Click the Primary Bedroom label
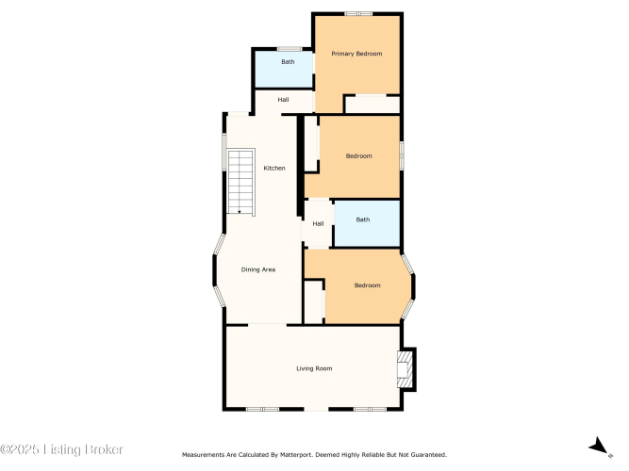(x=356, y=54)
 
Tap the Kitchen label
(x=274, y=168)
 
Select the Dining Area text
(x=258, y=269)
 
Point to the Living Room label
(x=314, y=368)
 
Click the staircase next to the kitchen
(x=240, y=182)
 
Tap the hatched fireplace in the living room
(x=405, y=369)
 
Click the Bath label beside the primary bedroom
(x=288, y=62)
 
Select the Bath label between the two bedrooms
(x=363, y=219)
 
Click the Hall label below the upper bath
(x=283, y=100)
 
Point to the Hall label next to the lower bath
(x=318, y=223)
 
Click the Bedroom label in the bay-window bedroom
(x=367, y=285)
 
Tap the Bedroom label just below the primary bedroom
(x=358, y=156)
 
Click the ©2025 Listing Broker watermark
(x=61, y=449)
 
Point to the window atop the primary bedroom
(x=358, y=14)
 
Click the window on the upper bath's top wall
(x=290, y=49)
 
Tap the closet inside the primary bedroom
(x=372, y=105)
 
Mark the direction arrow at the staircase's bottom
(x=240, y=212)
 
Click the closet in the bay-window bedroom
(x=314, y=301)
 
